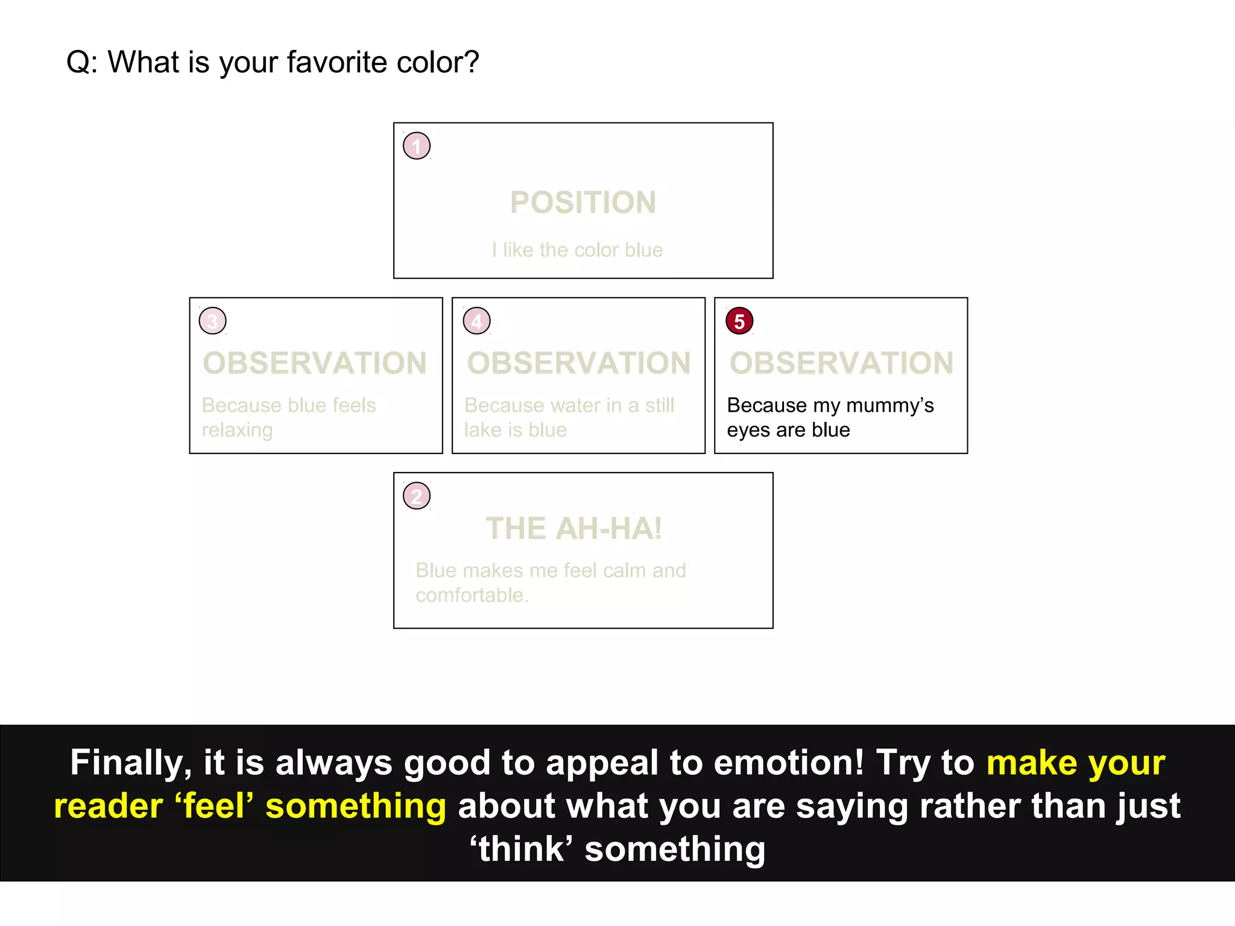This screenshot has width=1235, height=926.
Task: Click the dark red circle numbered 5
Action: (739, 321)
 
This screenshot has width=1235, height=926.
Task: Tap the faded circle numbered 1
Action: (417, 146)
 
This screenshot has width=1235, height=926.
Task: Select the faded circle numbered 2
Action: (417, 496)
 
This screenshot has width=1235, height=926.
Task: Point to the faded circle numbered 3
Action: (213, 321)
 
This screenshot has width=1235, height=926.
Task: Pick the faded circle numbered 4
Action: (476, 321)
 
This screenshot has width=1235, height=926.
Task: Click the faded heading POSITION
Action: (583, 203)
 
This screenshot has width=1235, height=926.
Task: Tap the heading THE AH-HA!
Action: (573, 529)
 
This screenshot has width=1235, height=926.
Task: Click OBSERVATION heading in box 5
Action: (842, 364)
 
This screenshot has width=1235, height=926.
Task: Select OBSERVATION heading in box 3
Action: (315, 364)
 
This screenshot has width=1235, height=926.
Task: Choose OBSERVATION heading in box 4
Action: (579, 364)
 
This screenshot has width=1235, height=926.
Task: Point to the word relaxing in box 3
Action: (238, 430)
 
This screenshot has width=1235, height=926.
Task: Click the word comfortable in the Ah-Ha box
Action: (471, 596)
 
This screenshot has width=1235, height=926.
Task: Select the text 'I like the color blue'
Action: (577, 250)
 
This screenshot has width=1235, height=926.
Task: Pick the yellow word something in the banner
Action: (356, 807)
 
